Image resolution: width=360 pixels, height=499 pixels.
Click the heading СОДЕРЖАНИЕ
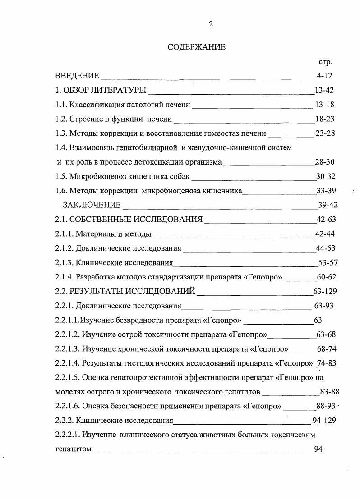[x=196, y=47]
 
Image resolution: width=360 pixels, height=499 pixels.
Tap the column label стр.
[x=325, y=62]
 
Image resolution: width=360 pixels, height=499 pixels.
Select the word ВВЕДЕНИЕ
[x=77, y=76]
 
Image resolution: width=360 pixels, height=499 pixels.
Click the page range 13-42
[x=324, y=90]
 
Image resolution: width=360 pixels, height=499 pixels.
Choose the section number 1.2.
[x=61, y=119]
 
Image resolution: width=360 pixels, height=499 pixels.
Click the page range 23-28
[x=324, y=133]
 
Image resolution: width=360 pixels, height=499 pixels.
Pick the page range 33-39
[x=326, y=191]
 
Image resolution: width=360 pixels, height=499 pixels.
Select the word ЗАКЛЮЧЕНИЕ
[x=92, y=205]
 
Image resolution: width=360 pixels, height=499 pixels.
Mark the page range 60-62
[x=327, y=277]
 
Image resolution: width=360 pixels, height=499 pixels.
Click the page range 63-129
[x=325, y=291]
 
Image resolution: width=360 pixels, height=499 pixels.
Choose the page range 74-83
[x=327, y=363]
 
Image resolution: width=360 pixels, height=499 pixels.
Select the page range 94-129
[x=324, y=421]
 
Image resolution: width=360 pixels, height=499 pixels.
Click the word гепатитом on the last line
[x=73, y=449]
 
